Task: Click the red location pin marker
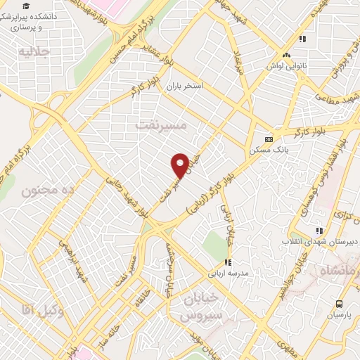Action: (x=179, y=165)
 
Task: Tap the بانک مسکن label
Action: (x=265, y=150)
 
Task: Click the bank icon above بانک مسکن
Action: (x=267, y=139)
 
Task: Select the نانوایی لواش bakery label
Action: (x=285, y=66)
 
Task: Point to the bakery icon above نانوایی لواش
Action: (x=285, y=55)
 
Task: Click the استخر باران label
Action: (x=184, y=86)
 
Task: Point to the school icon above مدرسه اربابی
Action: (x=227, y=262)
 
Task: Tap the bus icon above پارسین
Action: (x=340, y=304)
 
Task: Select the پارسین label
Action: (x=338, y=316)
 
